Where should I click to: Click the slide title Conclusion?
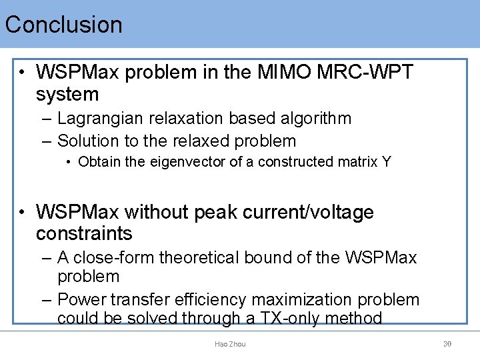(x=64, y=25)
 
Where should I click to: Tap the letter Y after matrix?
(x=387, y=162)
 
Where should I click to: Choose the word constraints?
(x=84, y=234)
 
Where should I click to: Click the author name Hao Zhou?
(x=230, y=344)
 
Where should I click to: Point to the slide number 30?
(x=447, y=344)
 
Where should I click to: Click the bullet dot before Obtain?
(x=69, y=162)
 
